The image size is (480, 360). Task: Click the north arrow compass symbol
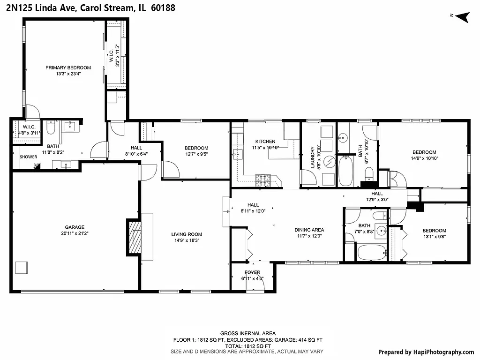(x=463, y=16)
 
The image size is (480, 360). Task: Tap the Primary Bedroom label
(x=68, y=70)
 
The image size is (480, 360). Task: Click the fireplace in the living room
(x=135, y=237)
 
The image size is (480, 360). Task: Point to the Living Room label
(x=186, y=237)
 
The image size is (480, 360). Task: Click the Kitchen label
(x=265, y=144)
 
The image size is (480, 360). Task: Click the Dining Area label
(x=309, y=233)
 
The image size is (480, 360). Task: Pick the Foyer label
(x=252, y=275)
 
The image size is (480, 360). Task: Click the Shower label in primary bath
(x=28, y=157)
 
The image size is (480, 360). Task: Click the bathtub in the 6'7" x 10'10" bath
(x=345, y=171)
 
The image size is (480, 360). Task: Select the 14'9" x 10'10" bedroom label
(x=424, y=155)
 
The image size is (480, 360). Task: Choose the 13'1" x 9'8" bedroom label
(x=434, y=233)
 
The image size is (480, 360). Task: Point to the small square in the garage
(x=22, y=267)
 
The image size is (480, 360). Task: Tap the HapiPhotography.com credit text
(x=426, y=352)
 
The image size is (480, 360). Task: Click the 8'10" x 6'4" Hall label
(x=123, y=150)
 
